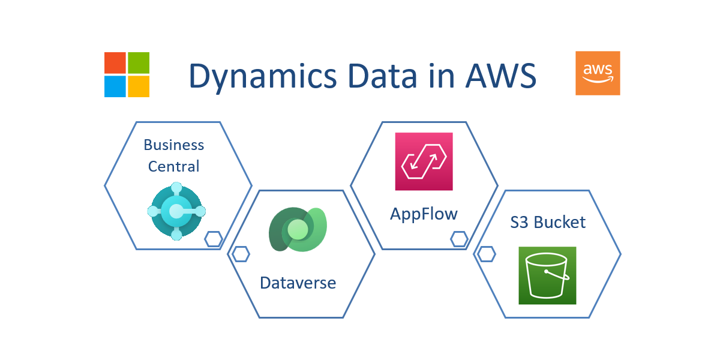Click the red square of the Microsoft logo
115,62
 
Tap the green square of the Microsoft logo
139,62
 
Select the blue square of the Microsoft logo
115,86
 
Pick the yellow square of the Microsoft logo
139,86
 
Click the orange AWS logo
598,73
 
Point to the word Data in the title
382,76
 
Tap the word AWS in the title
501,76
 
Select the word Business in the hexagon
173,145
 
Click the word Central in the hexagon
173,166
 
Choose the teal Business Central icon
176,211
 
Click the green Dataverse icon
298,229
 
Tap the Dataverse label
298,283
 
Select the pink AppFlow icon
424,161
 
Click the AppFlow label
424,214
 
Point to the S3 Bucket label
548,222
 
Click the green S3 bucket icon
547,275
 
